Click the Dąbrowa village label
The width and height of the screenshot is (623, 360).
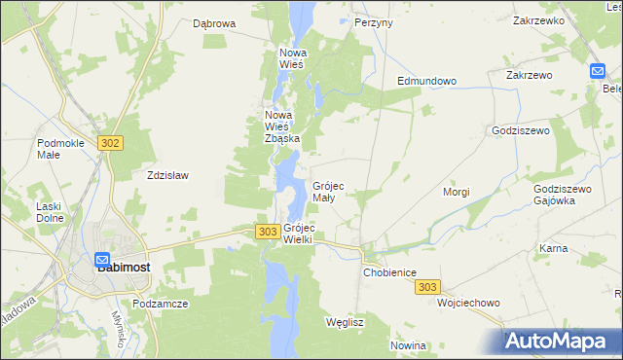pyautogui.click(x=214, y=22)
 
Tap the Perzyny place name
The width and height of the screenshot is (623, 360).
pyautogui.click(x=374, y=21)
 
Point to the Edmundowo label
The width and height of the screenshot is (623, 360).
pyautogui.click(x=426, y=81)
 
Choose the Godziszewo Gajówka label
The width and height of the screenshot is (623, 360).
pyautogui.click(x=563, y=194)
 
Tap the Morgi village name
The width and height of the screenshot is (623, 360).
pyautogui.click(x=457, y=192)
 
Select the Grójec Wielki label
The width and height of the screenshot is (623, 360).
pyautogui.click(x=298, y=233)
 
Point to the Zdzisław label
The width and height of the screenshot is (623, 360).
pyautogui.click(x=166, y=176)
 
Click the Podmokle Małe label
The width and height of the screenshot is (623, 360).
pyautogui.click(x=61, y=149)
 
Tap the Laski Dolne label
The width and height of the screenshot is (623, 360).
pyautogui.click(x=49, y=211)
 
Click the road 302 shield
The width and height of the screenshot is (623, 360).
pyautogui.click(x=110, y=143)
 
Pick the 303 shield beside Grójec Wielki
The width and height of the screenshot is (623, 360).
pyautogui.click(x=269, y=232)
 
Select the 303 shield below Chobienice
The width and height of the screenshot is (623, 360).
pyautogui.click(x=427, y=287)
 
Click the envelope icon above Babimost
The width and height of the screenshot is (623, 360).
pyautogui.click(x=102, y=261)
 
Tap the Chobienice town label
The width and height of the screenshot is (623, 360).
pyautogui.click(x=390, y=273)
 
